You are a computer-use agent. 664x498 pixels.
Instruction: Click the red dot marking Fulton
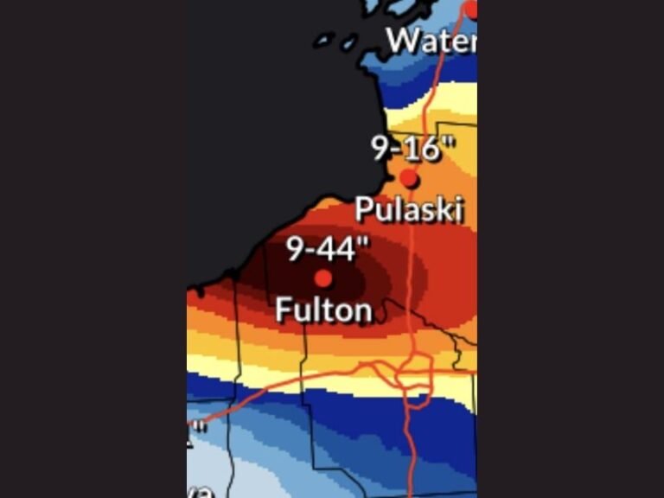(322, 278)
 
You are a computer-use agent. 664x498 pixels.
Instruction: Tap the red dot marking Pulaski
(409, 179)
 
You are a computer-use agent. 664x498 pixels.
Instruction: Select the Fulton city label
(323, 310)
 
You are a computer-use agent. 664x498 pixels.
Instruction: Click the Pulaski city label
(409, 209)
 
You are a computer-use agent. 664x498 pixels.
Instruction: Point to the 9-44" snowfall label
(327, 249)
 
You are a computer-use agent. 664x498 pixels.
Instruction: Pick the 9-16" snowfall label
(413, 149)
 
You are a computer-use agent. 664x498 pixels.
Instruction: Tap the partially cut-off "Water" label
(431, 40)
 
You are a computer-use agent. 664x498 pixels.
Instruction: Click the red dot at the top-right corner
(471, 9)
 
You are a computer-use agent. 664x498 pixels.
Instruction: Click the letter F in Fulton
(284, 310)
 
